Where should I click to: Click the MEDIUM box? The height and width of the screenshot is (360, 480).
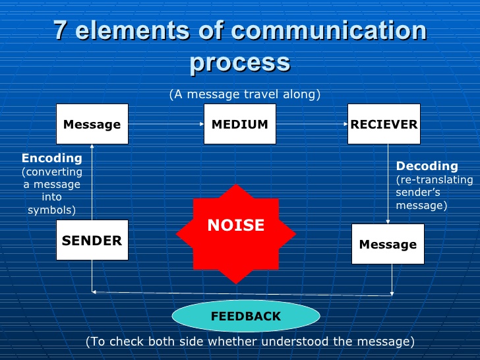239,124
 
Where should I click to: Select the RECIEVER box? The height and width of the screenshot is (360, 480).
384,124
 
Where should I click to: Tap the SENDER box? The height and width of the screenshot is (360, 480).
92,241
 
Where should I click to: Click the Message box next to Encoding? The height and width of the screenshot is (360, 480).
92,124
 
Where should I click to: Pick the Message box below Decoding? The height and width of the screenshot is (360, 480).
388,245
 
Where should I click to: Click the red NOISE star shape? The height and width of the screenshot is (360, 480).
235,225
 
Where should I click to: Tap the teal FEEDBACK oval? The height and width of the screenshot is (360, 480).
246,316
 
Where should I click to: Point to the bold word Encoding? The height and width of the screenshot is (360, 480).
52,158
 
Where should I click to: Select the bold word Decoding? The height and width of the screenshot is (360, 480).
427,166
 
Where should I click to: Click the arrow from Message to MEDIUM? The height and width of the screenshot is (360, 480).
165,124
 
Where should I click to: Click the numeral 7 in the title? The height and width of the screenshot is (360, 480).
60,31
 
